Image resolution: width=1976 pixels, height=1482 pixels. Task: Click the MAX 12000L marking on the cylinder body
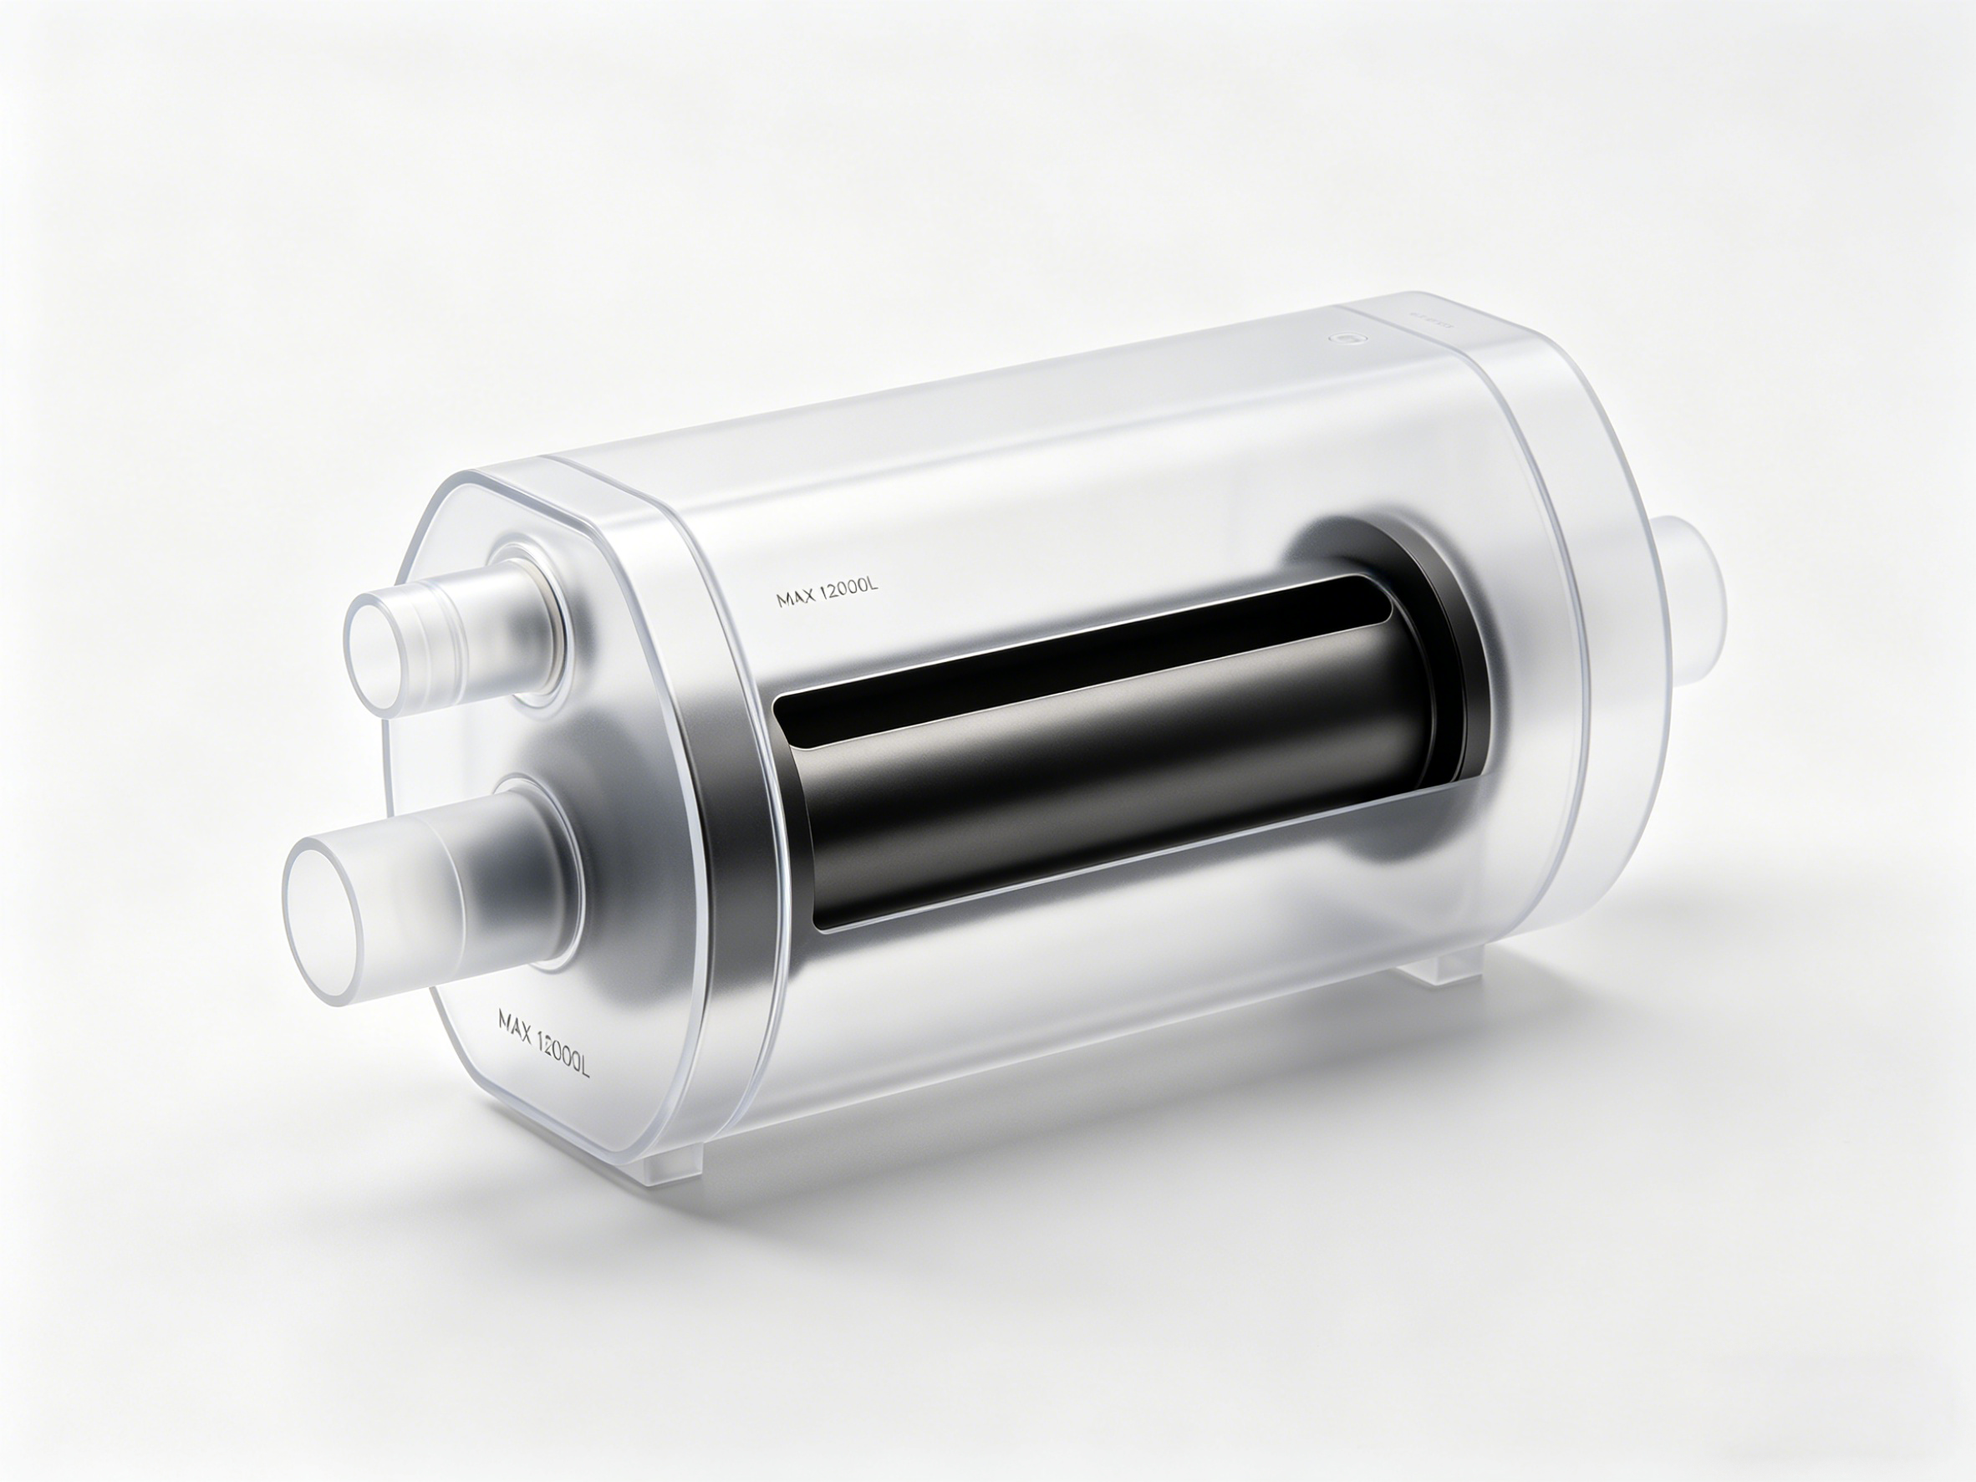point(828,593)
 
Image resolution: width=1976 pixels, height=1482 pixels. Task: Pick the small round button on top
point(1342,339)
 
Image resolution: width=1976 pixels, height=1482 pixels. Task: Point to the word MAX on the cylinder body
point(794,598)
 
